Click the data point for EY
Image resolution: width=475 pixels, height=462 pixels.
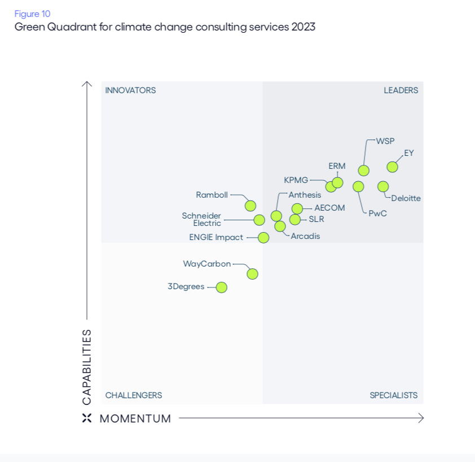click(392, 167)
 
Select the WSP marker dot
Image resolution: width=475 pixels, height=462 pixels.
click(364, 171)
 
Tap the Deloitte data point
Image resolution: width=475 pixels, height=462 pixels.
click(383, 186)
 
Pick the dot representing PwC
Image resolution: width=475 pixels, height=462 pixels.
click(358, 186)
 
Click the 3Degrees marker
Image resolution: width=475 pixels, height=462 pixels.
click(222, 287)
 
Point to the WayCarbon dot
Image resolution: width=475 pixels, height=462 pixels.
click(253, 274)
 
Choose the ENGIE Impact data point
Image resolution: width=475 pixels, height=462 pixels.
click(263, 238)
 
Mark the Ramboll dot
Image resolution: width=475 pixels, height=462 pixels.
click(250, 206)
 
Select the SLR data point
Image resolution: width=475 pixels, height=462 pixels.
click(295, 220)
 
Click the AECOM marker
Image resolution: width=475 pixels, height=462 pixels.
click(297, 208)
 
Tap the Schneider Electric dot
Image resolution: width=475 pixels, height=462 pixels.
click(259, 220)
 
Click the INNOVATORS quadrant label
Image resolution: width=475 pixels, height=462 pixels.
click(130, 90)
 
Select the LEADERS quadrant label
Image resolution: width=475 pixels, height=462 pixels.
click(401, 90)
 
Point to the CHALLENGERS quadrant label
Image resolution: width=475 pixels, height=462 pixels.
click(134, 395)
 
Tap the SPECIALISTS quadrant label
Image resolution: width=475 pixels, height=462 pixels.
click(394, 395)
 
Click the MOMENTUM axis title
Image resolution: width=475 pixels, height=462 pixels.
click(135, 419)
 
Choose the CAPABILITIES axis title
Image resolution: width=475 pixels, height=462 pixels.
click(87, 367)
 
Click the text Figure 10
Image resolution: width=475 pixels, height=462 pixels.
click(32, 14)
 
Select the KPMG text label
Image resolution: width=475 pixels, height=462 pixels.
click(296, 180)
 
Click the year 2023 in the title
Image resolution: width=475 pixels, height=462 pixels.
click(304, 27)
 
